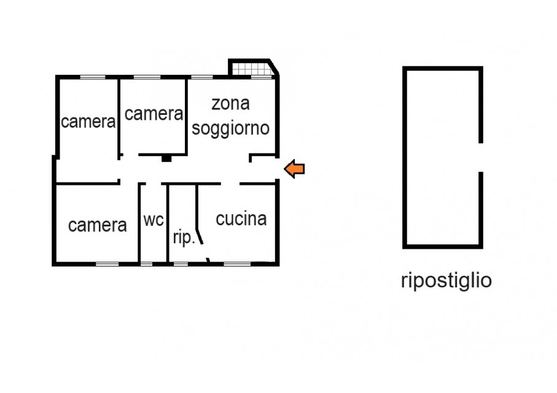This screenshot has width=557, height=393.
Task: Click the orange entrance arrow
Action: (295, 169)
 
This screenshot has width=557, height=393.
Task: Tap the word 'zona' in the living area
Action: (230, 104)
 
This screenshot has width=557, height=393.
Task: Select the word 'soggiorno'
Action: (230, 128)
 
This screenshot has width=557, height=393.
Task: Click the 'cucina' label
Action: (241, 219)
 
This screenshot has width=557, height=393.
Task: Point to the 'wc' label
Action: (154, 220)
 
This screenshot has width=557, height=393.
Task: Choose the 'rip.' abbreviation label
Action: (184, 237)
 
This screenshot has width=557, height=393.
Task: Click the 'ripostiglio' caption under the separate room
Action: (446, 281)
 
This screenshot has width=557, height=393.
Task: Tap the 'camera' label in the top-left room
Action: (88, 122)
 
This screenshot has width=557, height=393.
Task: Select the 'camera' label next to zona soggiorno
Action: (154, 114)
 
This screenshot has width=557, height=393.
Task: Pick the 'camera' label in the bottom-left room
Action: (97, 225)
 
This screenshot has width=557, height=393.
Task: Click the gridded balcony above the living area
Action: (253, 69)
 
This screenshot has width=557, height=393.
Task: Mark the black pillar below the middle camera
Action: (166, 158)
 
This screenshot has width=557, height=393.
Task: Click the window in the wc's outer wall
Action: (146, 264)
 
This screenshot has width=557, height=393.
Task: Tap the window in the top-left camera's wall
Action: (93, 77)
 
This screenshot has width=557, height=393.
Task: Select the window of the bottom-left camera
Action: (107, 264)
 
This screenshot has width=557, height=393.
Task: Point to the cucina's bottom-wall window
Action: (237, 264)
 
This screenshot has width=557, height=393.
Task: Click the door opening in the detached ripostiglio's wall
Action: (481, 157)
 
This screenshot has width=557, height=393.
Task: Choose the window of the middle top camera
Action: (147, 77)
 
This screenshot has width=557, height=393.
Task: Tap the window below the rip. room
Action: (181, 264)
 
